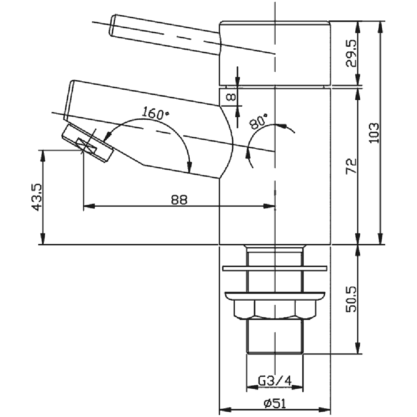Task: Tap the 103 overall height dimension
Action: (x=374, y=133)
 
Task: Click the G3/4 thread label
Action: (x=274, y=380)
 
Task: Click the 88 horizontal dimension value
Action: (x=179, y=199)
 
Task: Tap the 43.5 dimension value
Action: (x=36, y=197)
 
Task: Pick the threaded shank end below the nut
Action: (x=274, y=338)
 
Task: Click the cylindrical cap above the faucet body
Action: (x=275, y=52)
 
